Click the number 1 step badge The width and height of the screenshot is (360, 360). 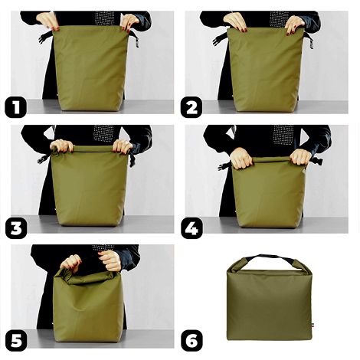pyautogui.click(x=15, y=106)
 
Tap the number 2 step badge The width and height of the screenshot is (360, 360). pyautogui.click(x=191, y=106)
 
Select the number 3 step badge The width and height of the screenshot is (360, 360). pyautogui.click(x=15, y=226)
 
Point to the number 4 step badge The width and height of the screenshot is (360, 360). pyautogui.click(x=191, y=226)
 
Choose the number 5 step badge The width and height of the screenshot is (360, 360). pyautogui.click(x=15, y=339)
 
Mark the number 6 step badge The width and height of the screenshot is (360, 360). pyautogui.click(x=191, y=339)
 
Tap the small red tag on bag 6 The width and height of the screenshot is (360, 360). pyautogui.click(x=313, y=325)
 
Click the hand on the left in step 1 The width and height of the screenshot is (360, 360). pyautogui.click(x=47, y=20)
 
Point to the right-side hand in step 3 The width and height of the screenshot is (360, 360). pyautogui.click(x=123, y=146)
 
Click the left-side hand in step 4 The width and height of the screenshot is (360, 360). pyautogui.click(x=241, y=158)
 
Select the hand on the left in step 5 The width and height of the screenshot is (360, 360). pyautogui.click(x=71, y=263)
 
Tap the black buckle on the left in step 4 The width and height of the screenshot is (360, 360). pyautogui.click(x=224, y=165)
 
